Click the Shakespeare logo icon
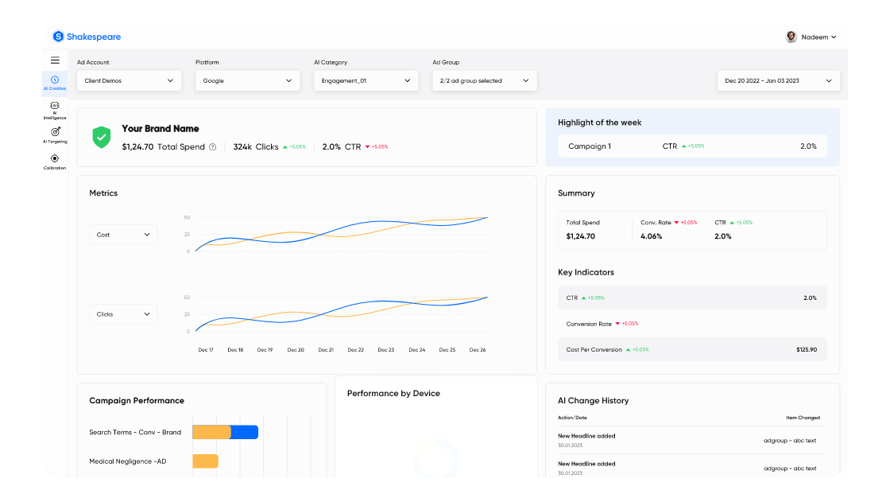pyautogui.click(x=58, y=37)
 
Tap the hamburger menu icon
pyautogui.click(x=55, y=60)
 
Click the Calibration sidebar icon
pyautogui.click(x=55, y=158)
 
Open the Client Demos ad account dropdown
pyautogui.click(x=130, y=80)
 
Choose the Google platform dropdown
pyautogui.click(x=248, y=80)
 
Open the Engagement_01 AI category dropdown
pyautogui.click(x=366, y=80)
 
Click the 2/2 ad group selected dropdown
pyautogui.click(x=485, y=80)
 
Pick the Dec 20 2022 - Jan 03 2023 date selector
pyautogui.click(x=778, y=80)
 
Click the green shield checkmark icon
pyautogui.click(x=102, y=137)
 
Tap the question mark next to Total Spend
pyautogui.click(x=212, y=147)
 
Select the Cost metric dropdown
pyautogui.click(x=123, y=235)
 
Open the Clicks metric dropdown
pyautogui.click(x=123, y=314)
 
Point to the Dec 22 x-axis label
pyautogui.click(x=355, y=350)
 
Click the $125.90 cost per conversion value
pyautogui.click(x=807, y=350)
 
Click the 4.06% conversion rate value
pyautogui.click(x=651, y=236)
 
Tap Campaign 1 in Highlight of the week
pyautogui.click(x=590, y=146)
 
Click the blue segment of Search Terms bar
pyautogui.click(x=245, y=432)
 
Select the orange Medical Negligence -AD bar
pyautogui.click(x=205, y=461)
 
